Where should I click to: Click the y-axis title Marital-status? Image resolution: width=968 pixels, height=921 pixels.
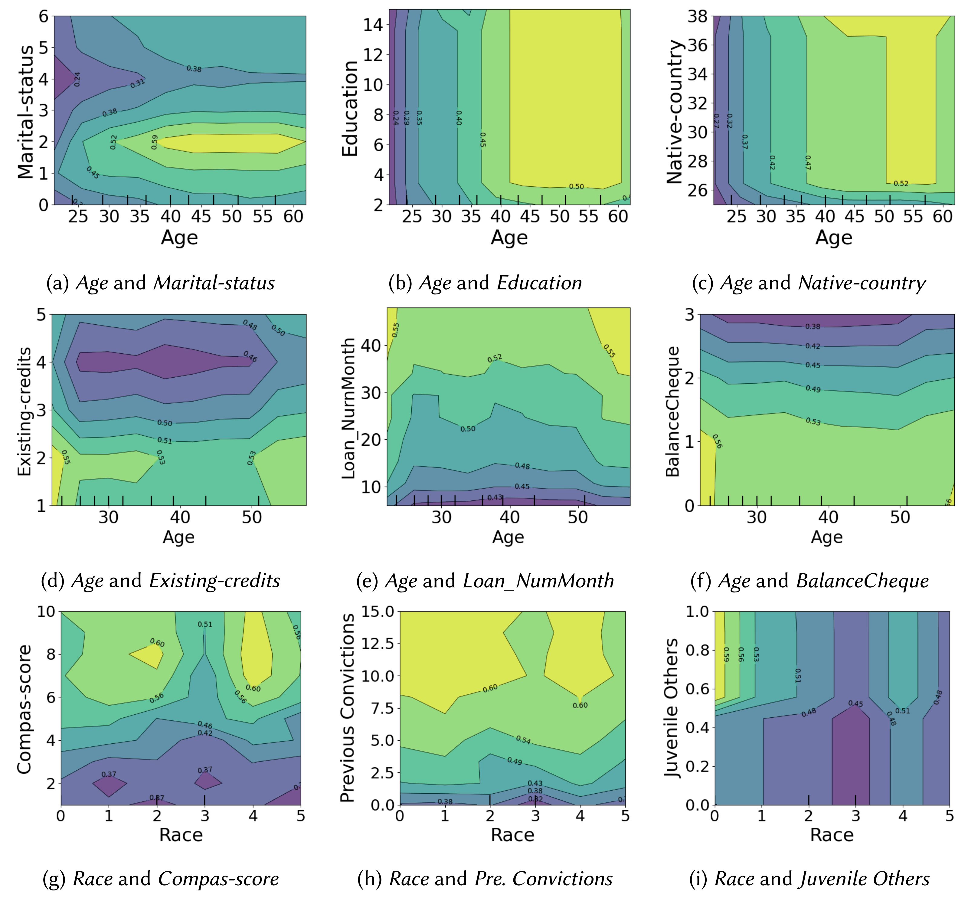(x=25, y=112)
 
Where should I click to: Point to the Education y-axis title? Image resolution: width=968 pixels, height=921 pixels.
(x=350, y=109)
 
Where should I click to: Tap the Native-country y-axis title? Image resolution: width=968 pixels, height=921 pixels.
(x=675, y=112)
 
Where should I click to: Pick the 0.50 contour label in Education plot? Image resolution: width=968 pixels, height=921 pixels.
(x=576, y=187)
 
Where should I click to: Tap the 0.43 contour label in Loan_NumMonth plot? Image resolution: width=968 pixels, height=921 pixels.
(x=495, y=498)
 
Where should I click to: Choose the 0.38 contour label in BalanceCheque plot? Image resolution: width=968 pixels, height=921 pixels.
(x=813, y=326)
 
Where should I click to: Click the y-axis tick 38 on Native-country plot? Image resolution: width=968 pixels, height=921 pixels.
(x=697, y=17)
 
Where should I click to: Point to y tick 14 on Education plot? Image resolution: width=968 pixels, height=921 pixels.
(x=373, y=25)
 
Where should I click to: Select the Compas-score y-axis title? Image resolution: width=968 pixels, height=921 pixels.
(x=24, y=710)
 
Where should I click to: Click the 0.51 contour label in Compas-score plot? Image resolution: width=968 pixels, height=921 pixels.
(x=205, y=624)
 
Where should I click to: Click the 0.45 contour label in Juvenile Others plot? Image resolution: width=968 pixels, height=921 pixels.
(x=855, y=703)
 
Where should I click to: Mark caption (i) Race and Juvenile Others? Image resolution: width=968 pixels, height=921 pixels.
(x=809, y=879)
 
